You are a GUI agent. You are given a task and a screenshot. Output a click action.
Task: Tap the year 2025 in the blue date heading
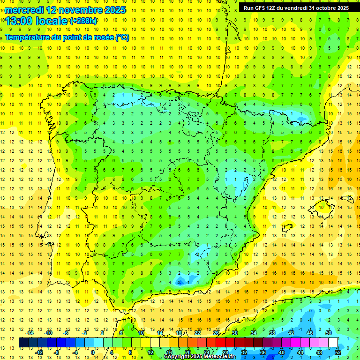(114, 10)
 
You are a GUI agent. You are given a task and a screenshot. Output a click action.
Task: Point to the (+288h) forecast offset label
(84, 21)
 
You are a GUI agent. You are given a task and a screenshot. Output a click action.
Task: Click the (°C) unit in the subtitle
(122, 37)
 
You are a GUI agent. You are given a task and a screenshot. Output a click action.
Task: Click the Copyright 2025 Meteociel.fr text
(199, 357)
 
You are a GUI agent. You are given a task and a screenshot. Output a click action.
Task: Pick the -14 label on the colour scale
(30, 333)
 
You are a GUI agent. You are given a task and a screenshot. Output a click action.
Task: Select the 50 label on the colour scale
(328, 333)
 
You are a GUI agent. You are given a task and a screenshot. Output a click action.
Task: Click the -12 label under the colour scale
(39, 352)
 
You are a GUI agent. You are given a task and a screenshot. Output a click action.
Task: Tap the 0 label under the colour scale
(92, 352)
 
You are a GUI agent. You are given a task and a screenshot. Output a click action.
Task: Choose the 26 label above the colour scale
(216, 333)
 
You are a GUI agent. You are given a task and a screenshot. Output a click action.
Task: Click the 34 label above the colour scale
(254, 333)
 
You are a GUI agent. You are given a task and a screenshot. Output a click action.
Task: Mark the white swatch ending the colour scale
(333, 342)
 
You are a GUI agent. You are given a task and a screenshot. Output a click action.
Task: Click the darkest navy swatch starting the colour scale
(23, 342)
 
